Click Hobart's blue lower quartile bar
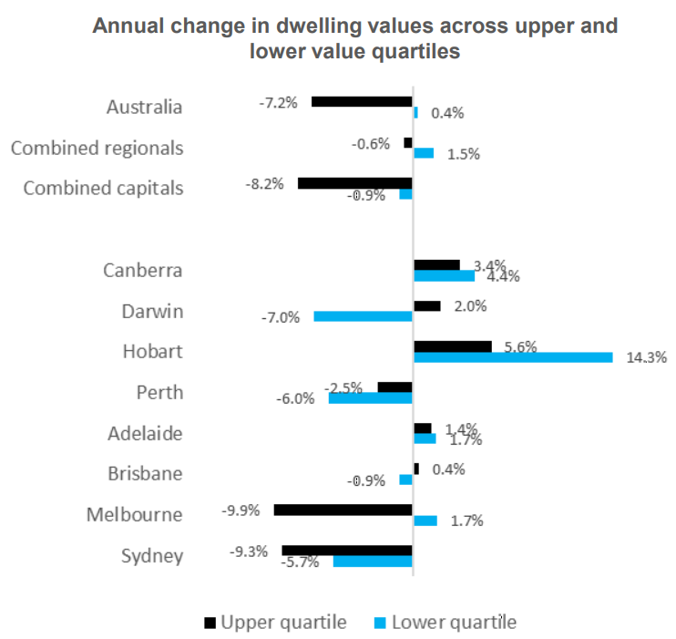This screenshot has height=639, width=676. click(513, 357)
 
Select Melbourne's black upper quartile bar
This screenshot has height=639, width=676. click(343, 510)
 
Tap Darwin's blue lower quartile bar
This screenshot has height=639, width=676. click(363, 316)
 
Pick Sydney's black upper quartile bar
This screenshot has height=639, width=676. click(347, 551)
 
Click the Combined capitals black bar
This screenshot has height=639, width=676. click(355, 182)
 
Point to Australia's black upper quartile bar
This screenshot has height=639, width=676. click(362, 101)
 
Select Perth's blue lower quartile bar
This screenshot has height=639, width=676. click(370, 398)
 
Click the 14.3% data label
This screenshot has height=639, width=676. click(647, 357)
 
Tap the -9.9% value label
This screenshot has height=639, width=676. click(241, 510)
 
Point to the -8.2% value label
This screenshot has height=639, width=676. click(265, 182)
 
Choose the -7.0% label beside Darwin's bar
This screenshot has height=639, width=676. click(281, 317)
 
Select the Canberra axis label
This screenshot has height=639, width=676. click(143, 270)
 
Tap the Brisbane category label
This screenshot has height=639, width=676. click(146, 474)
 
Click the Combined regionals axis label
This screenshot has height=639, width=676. click(97, 148)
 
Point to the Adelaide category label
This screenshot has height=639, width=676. click(146, 433)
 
